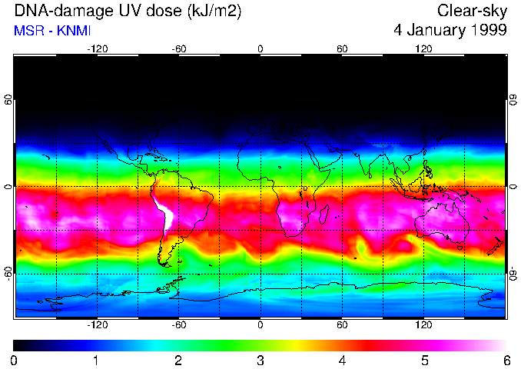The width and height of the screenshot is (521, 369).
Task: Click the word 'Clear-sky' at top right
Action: [472, 11]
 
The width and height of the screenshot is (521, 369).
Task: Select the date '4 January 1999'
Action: [449, 30]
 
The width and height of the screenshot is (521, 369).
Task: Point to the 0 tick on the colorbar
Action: [15, 360]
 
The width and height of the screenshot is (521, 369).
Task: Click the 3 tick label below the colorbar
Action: [260, 360]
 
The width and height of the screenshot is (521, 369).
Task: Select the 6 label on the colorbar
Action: [506, 360]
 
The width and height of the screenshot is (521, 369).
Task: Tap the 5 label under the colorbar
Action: [424, 360]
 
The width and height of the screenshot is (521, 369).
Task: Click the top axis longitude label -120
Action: [97, 49]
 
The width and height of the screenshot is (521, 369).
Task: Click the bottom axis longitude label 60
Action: [343, 324]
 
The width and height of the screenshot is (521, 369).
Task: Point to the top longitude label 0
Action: [260, 49]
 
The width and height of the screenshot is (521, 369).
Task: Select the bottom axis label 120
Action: [424, 324]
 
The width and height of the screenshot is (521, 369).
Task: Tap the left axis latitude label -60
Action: [8, 273]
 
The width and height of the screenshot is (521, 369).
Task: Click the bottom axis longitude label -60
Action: [179, 324]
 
